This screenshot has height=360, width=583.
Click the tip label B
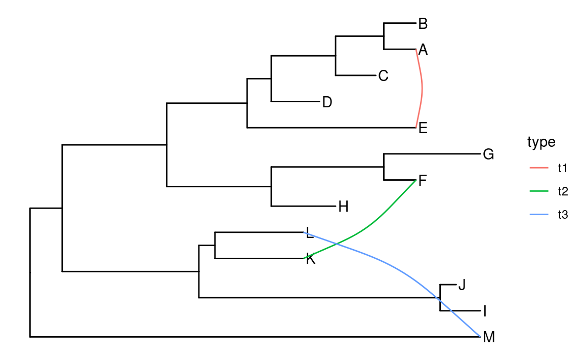point(423,23)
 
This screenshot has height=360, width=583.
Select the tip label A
point(423,50)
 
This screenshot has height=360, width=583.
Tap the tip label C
point(383,76)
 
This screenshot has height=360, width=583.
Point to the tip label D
point(327,102)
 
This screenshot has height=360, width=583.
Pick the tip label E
point(423,128)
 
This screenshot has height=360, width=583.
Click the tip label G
point(488,154)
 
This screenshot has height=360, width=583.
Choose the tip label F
point(423,181)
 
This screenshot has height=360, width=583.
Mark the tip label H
point(343,207)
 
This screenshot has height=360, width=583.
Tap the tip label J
point(461,285)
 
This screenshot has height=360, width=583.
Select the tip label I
point(485,311)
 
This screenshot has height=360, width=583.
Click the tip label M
point(489,337)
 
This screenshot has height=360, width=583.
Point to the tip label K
point(311,259)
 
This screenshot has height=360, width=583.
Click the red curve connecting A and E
point(422,89)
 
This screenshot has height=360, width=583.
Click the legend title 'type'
point(541,142)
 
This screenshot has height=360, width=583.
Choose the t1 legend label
point(563,168)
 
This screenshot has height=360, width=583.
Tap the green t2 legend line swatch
point(539,191)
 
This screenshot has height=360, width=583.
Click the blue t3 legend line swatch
point(539,215)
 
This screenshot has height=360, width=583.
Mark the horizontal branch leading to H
point(304,206)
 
